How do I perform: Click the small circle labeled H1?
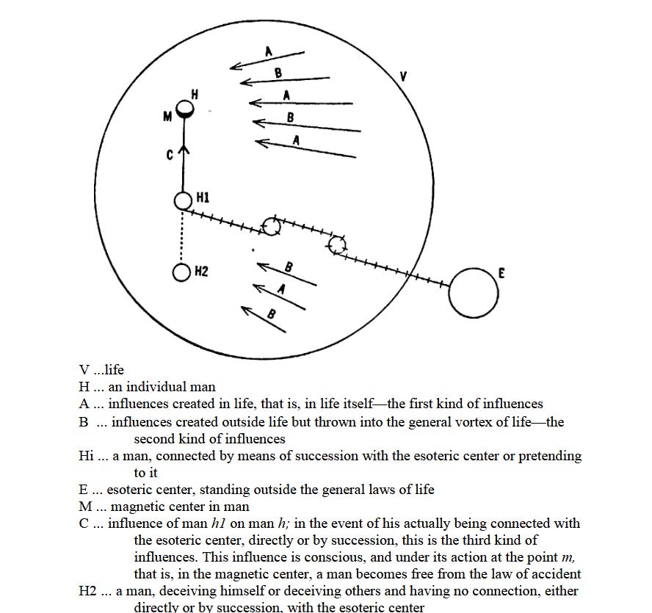pos(184,200)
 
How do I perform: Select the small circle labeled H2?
pos(182,272)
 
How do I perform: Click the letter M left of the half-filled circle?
pos(167,115)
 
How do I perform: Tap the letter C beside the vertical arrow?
pos(169,155)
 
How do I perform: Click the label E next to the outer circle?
pos(501,272)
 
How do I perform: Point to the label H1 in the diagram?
pos(203,198)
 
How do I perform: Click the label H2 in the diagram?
pos(202,272)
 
